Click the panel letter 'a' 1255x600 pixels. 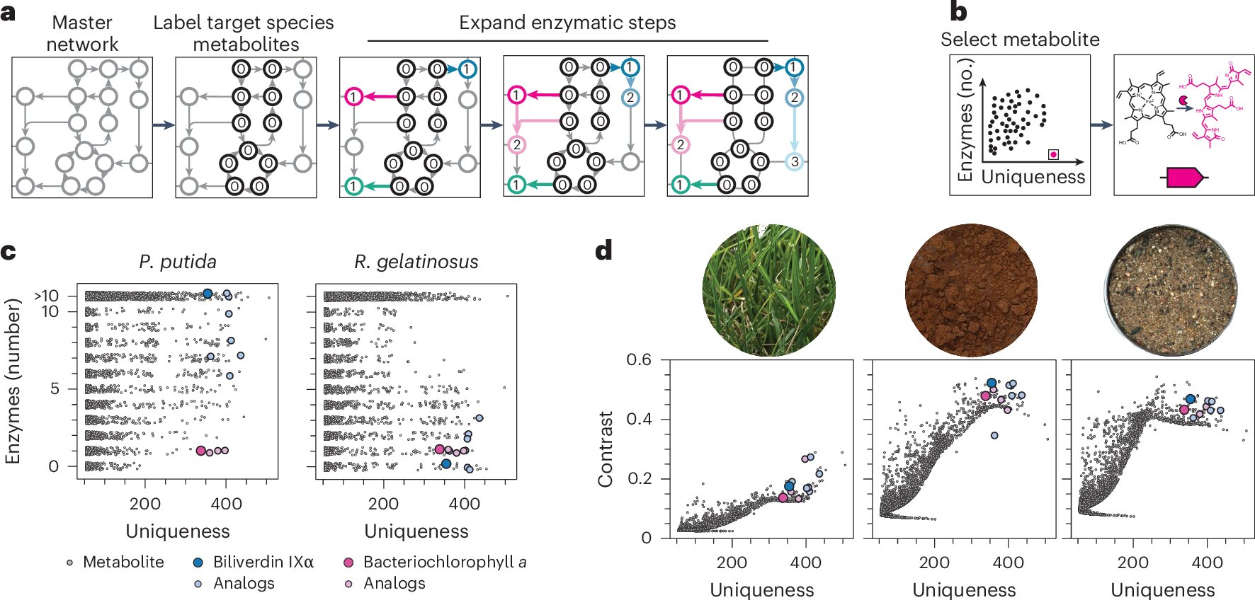point(8,13)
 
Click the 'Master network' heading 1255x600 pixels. point(82,33)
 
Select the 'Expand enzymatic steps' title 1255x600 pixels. point(567,23)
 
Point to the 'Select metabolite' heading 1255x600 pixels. point(1020,40)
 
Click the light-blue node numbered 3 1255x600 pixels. point(794,161)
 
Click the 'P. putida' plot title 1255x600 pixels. point(178,262)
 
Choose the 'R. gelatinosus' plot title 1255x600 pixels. point(416,262)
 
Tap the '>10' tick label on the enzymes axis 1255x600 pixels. point(46,296)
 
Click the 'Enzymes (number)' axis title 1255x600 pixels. point(12,381)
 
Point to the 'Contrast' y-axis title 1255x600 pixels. point(605,449)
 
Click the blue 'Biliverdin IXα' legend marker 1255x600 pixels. point(198,562)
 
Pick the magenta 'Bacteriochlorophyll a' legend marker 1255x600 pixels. point(348,562)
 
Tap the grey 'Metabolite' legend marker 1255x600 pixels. point(69,562)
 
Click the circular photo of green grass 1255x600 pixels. point(768,290)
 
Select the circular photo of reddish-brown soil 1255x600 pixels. point(971,290)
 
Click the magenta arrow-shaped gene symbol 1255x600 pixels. point(1183,178)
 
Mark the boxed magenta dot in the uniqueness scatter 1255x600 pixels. point(1053,154)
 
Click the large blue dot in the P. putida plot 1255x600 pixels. point(208,294)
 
